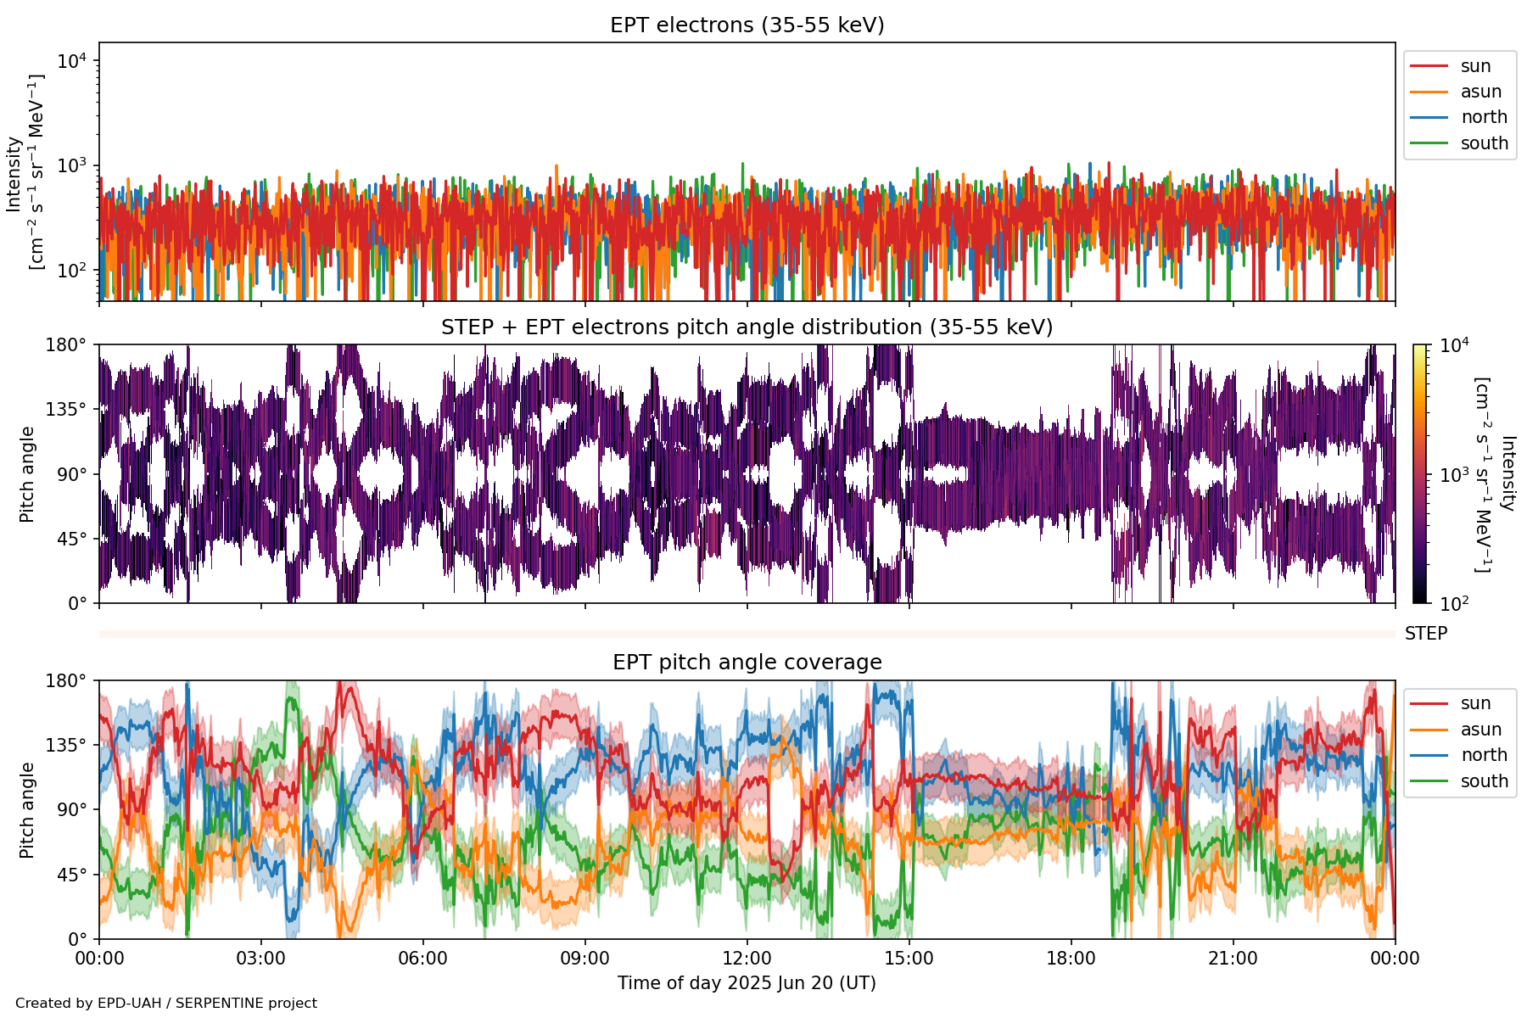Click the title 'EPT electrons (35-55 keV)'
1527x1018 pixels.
(x=747, y=25)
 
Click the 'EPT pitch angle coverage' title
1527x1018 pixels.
(x=747, y=663)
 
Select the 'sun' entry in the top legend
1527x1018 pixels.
(x=1475, y=66)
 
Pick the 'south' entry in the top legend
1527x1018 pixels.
(x=1484, y=143)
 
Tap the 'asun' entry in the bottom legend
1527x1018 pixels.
(x=1480, y=730)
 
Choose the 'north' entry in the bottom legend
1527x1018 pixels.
(x=1484, y=755)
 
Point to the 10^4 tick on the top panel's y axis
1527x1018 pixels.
(x=71, y=61)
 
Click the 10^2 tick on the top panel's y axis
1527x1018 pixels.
(x=71, y=271)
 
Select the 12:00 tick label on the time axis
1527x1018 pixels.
(x=747, y=959)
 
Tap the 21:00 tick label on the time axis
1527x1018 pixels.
(x=1233, y=959)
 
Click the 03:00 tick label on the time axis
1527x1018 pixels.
(x=260, y=959)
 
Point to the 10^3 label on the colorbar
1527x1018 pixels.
(x=1454, y=475)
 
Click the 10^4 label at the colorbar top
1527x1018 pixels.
(x=1454, y=345)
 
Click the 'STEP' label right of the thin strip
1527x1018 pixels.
(x=1425, y=634)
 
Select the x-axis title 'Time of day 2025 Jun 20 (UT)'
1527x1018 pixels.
(x=747, y=983)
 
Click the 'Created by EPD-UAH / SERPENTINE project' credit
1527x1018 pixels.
(x=166, y=1004)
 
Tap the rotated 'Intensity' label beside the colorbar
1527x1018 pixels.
(x=1507, y=473)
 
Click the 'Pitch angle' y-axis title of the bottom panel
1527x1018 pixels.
(x=27, y=810)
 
